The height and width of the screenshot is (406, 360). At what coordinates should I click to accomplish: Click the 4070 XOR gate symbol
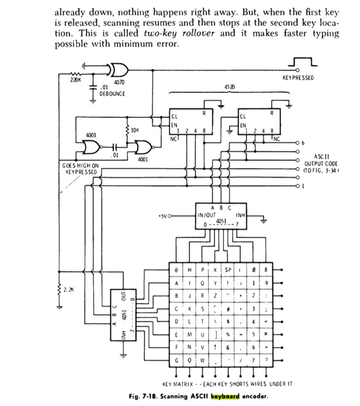click(119, 69)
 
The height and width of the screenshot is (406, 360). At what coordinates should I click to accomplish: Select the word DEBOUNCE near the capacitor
click(112, 94)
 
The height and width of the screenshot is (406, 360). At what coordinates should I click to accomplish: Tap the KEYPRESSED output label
click(298, 78)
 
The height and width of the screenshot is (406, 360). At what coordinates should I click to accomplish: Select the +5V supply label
click(162, 216)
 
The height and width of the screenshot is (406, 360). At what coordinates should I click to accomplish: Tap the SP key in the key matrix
click(228, 270)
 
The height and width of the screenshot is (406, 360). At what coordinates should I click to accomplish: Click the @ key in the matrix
click(176, 270)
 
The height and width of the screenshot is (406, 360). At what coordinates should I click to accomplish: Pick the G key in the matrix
click(176, 360)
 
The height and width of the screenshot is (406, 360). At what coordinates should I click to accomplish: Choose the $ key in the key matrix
click(228, 321)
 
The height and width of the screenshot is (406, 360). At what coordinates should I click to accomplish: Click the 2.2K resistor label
click(69, 290)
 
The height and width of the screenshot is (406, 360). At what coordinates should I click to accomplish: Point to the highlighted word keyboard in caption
click(226, 396)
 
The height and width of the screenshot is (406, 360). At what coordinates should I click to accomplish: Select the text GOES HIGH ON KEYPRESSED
click(81, 168)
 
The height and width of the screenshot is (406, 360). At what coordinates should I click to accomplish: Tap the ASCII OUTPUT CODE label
click(321, 164)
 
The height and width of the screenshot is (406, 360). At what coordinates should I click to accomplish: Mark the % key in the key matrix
click(228, 334)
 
